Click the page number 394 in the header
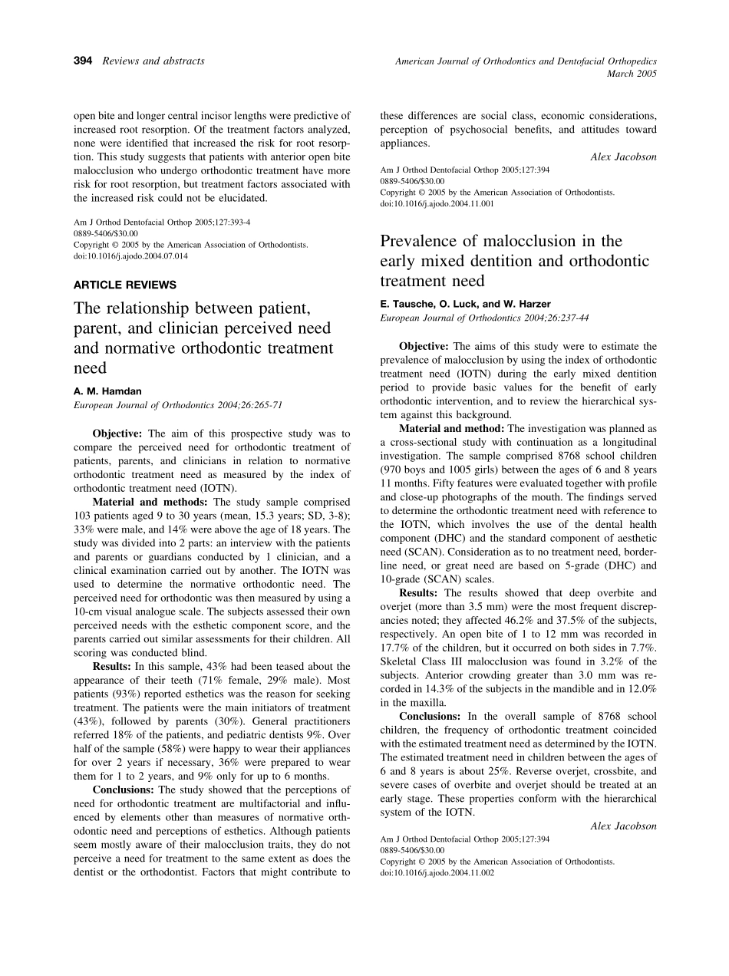[x=82, y=61]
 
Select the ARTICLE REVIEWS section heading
[x=124, y=285]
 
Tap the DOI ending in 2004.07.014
[x=130, y=256]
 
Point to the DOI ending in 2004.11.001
[x=437, y=204]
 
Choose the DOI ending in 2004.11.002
[x=437, y=872]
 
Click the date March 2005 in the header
[x=632, y=74]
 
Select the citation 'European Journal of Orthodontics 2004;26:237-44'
[x=485, y=317]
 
